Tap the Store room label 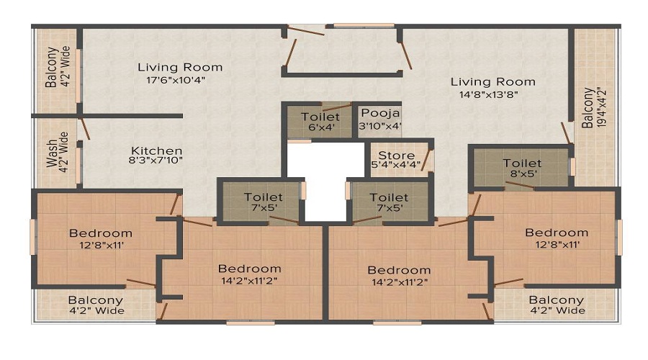(x=396, y=156)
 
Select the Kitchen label (x=157, y=151)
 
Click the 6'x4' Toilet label (x=320, y=117)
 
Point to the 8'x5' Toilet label (x=523, y=163)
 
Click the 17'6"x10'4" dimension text (x=176, y=80)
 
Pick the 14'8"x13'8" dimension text (x=489, y=94)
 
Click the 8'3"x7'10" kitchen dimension (x=156, y=161)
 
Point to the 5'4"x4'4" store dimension (x=396, y=165)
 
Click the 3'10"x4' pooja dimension (x=379, y=126)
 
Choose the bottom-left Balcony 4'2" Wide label (x=96, y=305)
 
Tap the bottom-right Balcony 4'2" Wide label (x=557, y=305)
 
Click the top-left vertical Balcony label (x=51, y=68)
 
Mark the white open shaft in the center (x=325, y=180)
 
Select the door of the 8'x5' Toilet (x=519, y=185)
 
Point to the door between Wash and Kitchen (x=85, y=129)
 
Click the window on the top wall (x=364, y=26)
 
